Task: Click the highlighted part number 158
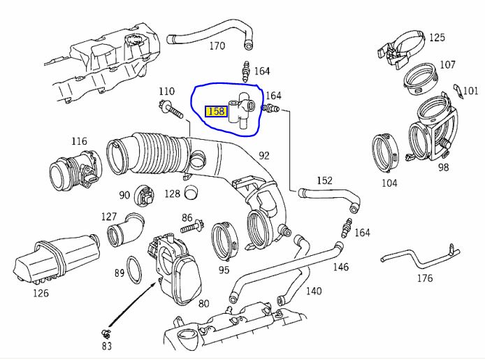pos(216,111)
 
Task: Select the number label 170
pos(217,46)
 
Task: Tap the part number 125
pos(437,37)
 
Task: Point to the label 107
pos(447,65)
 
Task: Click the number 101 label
pos(470,90)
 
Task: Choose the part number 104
pos(389,183)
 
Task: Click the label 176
pos(424,278)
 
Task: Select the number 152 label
pos(324,180)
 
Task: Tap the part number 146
pos(340,266)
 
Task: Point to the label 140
pos(314,291)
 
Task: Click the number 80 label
pos(203,303)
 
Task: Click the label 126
pos(41,293)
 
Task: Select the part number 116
pos(79,142)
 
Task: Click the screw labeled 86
pos(189,227)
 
